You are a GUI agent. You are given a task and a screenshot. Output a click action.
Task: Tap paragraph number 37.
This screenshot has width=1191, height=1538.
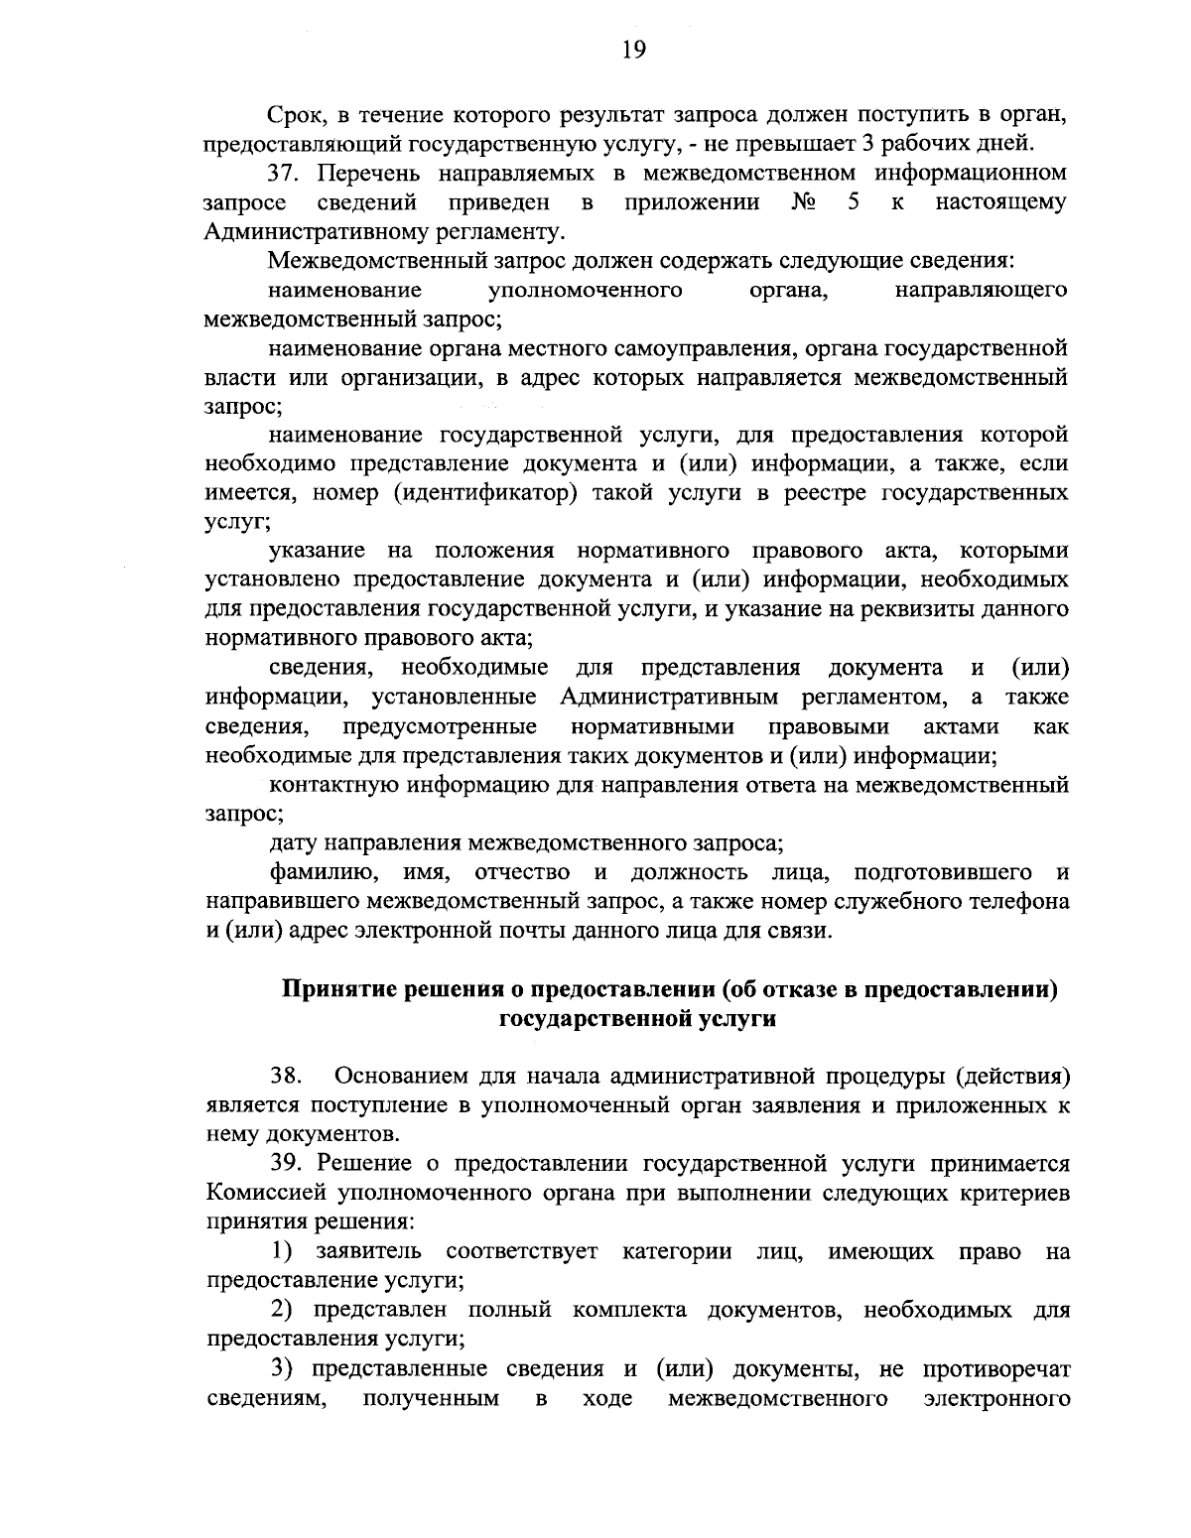[x=287, y=174]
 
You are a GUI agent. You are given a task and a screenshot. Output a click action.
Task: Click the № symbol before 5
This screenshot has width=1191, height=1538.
[x=804, y=203]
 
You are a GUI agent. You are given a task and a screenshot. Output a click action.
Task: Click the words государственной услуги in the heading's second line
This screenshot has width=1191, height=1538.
[x=635, y=1019]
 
